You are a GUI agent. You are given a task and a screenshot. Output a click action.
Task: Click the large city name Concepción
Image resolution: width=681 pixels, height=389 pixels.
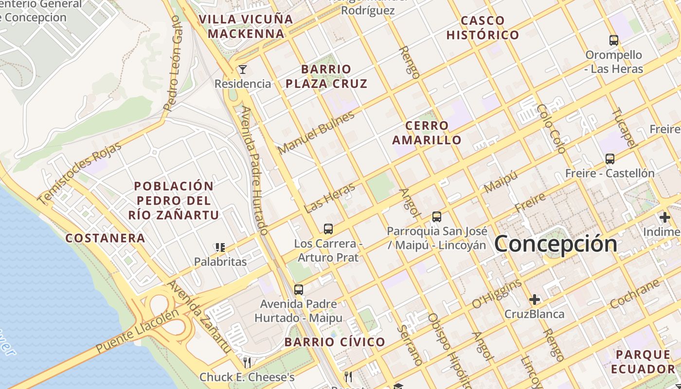tap(556, 244)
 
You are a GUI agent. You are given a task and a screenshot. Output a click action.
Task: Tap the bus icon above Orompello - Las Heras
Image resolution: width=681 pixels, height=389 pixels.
tap(614, 40)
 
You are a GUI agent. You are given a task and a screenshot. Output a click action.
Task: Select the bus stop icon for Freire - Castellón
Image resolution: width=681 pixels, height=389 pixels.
tap(610, 159)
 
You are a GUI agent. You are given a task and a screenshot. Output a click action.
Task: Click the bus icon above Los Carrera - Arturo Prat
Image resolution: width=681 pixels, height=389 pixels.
tap(328, 229)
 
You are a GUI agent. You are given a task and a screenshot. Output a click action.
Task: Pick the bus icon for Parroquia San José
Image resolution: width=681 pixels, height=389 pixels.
tap(437, 217)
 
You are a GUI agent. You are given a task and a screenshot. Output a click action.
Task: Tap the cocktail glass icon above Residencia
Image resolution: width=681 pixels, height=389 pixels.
tap(242, 70)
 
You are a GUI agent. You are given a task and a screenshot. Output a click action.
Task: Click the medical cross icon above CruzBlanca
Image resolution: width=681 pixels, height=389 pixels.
tap(535, 300)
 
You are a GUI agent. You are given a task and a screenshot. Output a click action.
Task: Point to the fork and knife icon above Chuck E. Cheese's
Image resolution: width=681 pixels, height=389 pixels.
tap(247, 362)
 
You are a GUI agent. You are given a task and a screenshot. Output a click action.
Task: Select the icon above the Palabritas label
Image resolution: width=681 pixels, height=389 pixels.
tap(220, 248)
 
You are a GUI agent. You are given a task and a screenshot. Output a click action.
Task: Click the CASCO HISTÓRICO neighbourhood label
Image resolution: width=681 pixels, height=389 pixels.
tap(483, 28)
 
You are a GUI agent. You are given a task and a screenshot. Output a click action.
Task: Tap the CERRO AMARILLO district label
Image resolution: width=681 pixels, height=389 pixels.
tap(427, 133)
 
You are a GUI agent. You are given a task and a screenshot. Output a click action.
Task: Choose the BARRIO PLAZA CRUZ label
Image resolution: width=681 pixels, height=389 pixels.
tap(326, 76)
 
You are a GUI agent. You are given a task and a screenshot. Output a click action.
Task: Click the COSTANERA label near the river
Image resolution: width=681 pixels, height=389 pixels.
tap(105, 238)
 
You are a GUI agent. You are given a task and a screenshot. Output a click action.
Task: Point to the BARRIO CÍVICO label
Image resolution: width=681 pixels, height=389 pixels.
tap(335, 342)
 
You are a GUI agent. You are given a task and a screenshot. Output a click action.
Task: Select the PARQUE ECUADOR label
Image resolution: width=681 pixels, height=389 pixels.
tap(643, 361)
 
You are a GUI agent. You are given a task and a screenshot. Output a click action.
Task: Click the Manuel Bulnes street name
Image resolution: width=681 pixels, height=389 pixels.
tap(316, 132)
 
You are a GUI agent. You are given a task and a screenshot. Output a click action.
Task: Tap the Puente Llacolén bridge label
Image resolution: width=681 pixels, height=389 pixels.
tap(137, 332)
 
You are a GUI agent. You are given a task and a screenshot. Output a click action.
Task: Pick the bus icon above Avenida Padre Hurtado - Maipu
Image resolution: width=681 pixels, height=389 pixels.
tap(299, 290)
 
